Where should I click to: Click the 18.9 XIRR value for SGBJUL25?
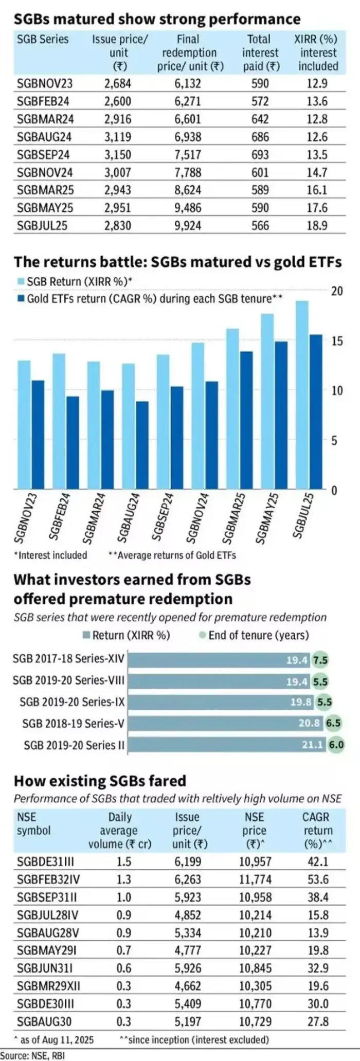tap(317, 225)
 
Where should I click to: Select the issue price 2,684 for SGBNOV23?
tap(118, 83)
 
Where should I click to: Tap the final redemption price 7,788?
tap(187, 172)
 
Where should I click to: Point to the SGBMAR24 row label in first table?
tap(45, 119)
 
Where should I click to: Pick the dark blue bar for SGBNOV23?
tap(38, 435)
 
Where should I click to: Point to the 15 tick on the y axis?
tap(337, 341)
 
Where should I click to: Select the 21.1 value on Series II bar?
tap(312, 745)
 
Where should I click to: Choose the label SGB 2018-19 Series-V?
tap(73, 723)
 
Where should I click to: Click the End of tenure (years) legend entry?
tap(254, 635)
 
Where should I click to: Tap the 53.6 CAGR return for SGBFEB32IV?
tap(318, 879)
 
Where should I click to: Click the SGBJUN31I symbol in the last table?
tap(44, 968)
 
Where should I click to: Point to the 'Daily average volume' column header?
tap(120, 830)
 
